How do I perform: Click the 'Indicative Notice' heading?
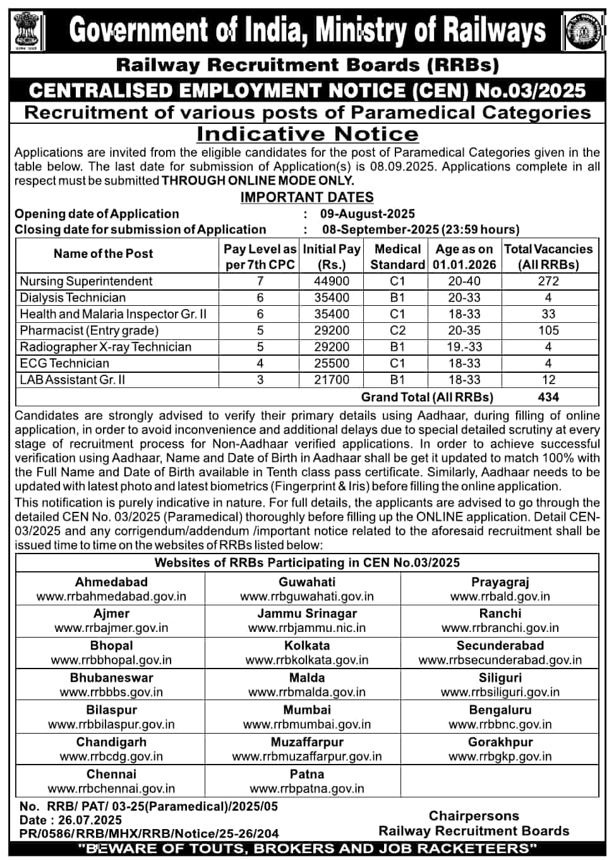[307, 134]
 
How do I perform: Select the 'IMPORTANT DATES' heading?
[307, 197]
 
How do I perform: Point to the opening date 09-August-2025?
[368, 214]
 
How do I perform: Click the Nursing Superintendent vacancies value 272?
[548, 281]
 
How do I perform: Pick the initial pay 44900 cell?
[332, 281]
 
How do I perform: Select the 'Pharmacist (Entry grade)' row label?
[89, 330]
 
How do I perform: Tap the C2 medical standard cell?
[397, 330]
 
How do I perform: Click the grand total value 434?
[548, 397]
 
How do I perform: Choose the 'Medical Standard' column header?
[397, 257]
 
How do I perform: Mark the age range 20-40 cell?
[464, 281]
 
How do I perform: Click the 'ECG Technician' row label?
[64, 363]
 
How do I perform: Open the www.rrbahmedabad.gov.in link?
[111, 597]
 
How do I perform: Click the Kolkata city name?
[307, 645]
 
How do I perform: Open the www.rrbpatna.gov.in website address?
[307, 789]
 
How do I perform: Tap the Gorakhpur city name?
[500, 742]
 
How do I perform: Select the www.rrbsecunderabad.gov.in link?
[500, 660]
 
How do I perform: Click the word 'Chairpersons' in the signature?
[474, 816]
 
